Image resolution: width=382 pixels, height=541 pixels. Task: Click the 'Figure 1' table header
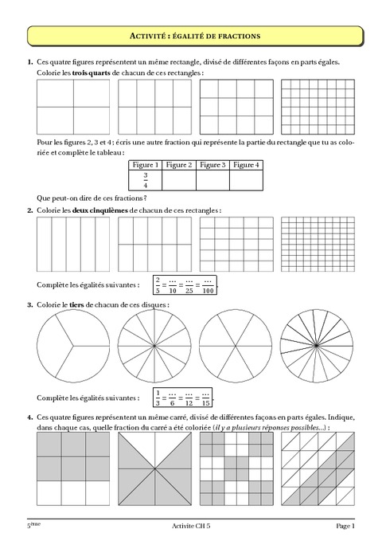[146, 165]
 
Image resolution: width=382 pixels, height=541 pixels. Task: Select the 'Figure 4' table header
[247, 165]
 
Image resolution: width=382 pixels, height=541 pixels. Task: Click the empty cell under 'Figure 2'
[179, 180]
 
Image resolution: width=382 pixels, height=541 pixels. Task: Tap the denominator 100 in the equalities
[208, 288]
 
